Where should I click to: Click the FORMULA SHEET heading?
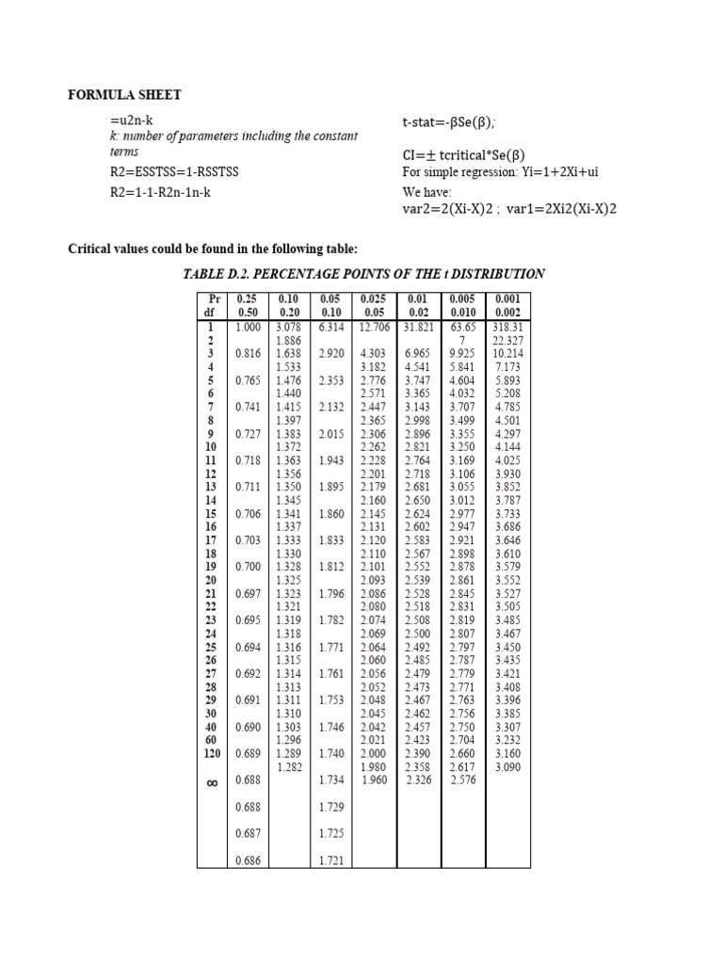coord(125,95)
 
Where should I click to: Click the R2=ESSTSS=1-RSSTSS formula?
coord(174,172)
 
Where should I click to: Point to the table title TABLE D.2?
coord(363,274)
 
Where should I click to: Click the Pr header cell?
coord(211,298)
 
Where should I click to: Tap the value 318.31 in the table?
coord(506,327)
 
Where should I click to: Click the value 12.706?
coord(378,327)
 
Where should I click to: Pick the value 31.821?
coord(420,327)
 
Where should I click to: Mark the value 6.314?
coord(334,327)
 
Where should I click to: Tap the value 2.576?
coord(464,779)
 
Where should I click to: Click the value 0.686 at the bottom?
coord(248,860)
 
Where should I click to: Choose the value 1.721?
coord(334,860)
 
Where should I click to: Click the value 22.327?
coord(506,340)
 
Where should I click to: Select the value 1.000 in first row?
coord(248,327)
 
